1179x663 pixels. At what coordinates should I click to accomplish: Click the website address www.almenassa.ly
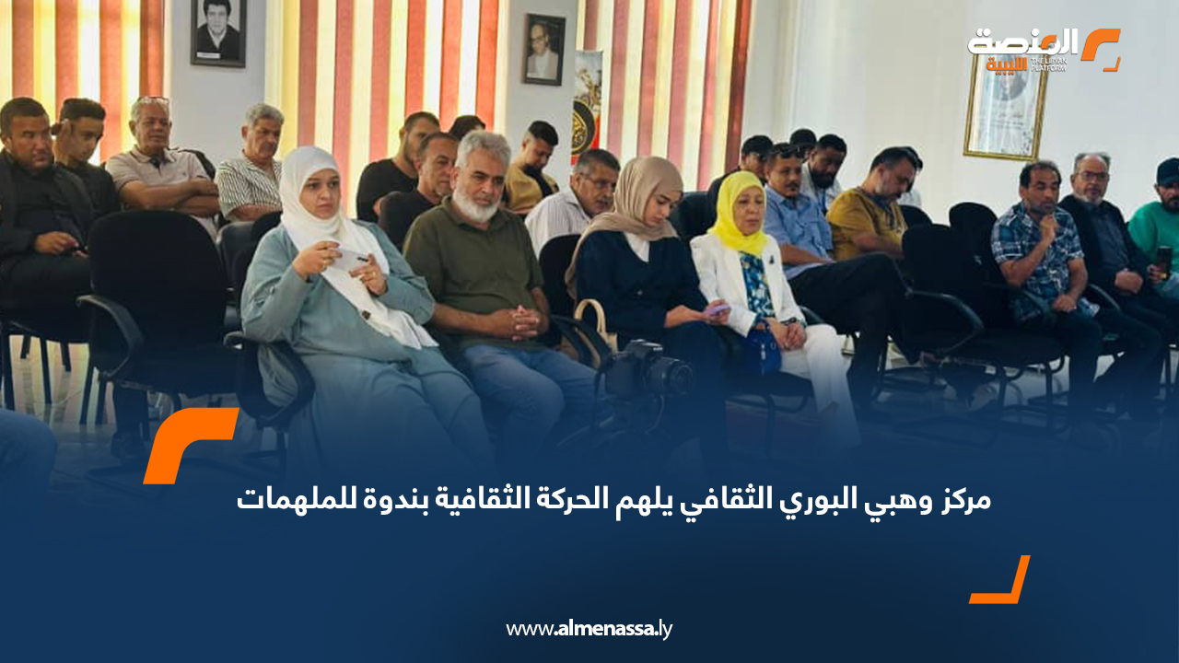(x=589, y=629)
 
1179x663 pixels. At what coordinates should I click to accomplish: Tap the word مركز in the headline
(x=963, y=500)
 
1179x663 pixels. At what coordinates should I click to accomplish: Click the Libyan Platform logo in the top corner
(x=1044, y=50)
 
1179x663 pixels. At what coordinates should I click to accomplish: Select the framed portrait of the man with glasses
(x=543, y=50)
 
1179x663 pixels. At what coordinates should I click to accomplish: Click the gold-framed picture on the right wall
(x=1005, y=110)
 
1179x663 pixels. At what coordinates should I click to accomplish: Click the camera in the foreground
(x=648, y=371)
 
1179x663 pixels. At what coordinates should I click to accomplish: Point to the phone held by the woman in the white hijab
(x=350, y=259)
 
